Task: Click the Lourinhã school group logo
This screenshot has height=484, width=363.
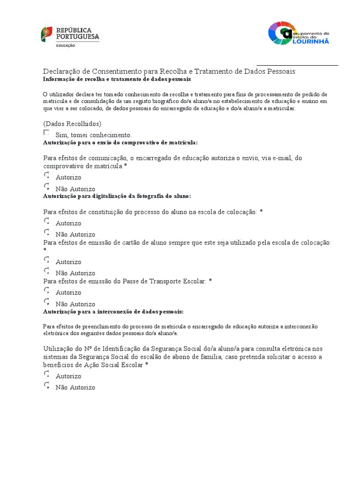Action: [298, 33]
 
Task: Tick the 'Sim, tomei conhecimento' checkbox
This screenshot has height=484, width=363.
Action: [46, 133]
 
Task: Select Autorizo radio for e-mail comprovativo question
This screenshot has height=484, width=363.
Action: [46, 175]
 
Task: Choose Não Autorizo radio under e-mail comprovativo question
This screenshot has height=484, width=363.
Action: [46, 187]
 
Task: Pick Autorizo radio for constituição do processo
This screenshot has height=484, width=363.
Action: [46, 221]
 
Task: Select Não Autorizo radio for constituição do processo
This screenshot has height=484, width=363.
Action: [46, 232]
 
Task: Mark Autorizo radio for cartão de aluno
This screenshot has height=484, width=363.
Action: [46, 259]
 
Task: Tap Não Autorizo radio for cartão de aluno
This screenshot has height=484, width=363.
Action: [46, 271]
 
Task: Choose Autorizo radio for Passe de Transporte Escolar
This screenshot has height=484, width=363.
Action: [46, 290]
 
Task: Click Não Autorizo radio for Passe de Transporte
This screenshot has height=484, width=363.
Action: [46, 302]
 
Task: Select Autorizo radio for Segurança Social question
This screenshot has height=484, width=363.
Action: [46, 374]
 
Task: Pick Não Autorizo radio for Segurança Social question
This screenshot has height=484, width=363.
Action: [46, 385]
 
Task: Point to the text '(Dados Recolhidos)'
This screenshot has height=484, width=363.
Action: [72, 124]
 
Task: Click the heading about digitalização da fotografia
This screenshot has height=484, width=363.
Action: [117, 196]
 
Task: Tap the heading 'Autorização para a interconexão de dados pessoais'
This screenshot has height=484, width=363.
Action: [113, 312]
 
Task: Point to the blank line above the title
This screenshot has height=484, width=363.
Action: [297, 65]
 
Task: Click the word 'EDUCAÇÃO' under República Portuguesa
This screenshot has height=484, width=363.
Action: [66, 45]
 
